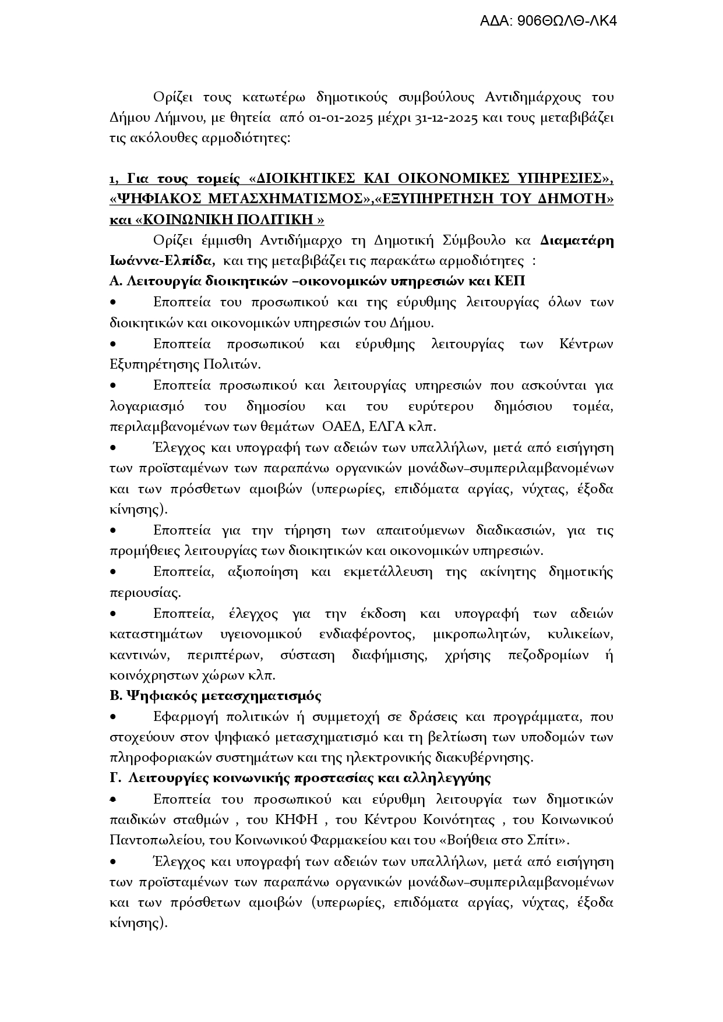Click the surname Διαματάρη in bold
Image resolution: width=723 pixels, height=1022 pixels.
pyautogui.click(x=577, y=241)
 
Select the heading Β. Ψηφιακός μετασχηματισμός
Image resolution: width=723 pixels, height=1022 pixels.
pyautogui.click(x=216, y=696)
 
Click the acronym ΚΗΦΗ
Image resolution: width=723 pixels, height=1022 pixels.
pyautogui.click(x=296, y=820)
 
